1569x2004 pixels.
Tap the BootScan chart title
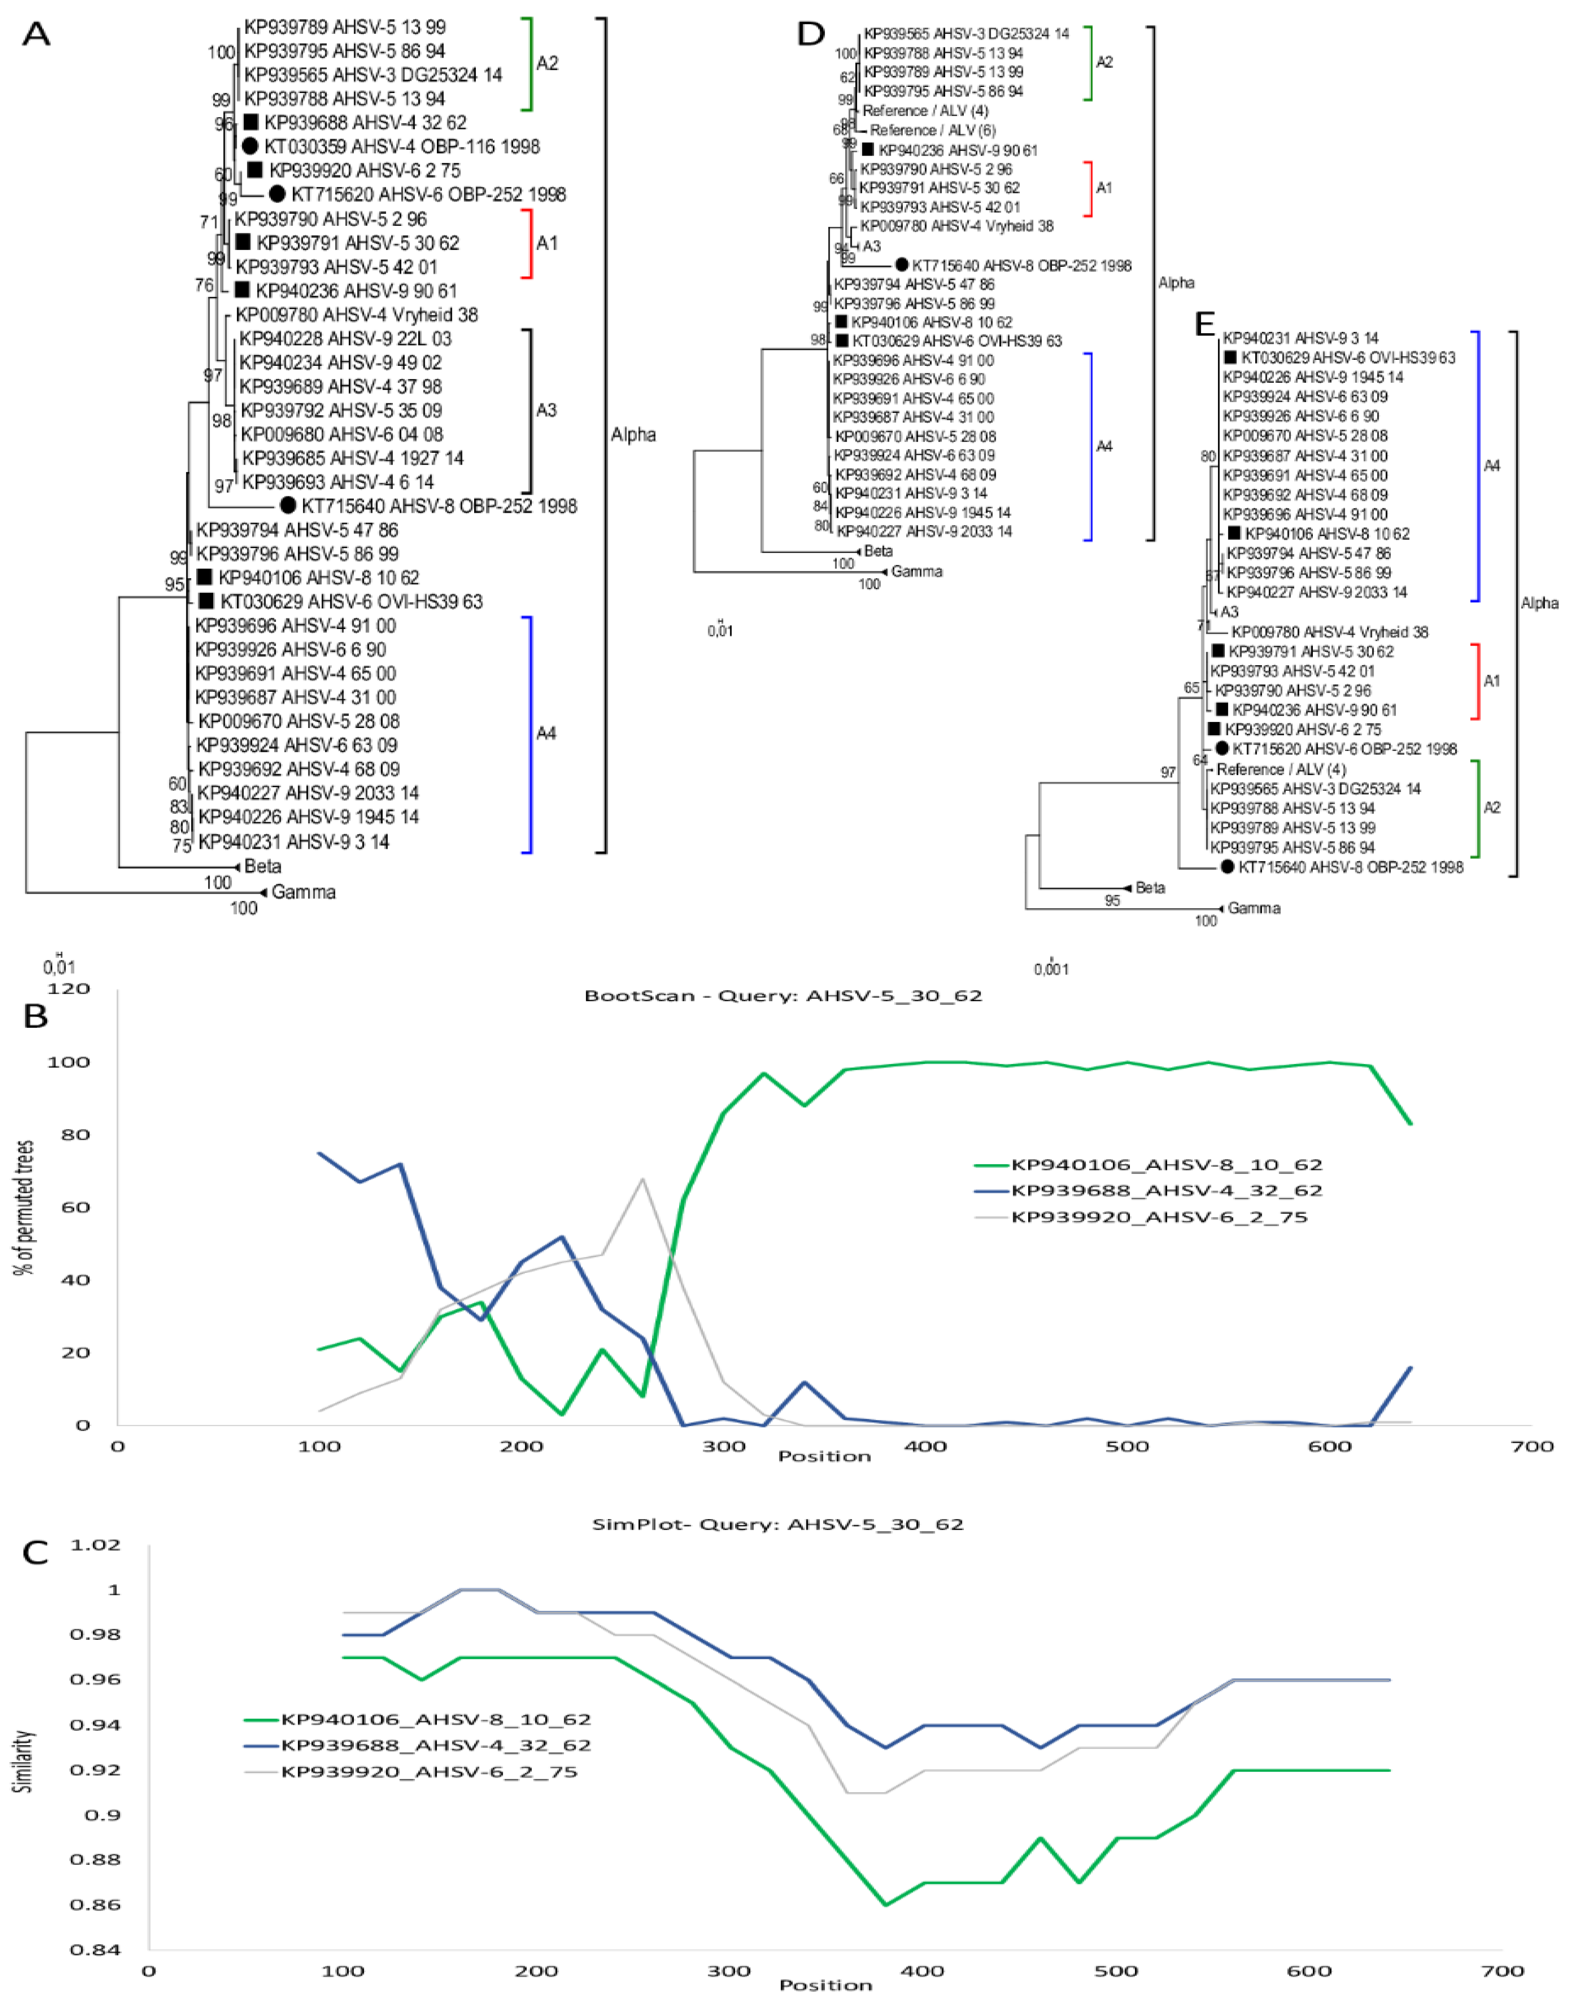click(783, 996)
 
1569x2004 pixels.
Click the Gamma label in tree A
click(303, 892)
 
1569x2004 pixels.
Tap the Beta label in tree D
click(878, 551)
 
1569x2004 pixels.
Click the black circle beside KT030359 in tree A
click(250, 146)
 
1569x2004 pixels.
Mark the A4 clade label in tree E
click(1492, 465)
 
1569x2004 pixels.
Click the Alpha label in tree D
click(1176, 283)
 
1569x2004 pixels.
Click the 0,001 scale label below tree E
click(1051, 969)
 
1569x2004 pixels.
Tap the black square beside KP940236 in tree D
click(867, 149)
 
